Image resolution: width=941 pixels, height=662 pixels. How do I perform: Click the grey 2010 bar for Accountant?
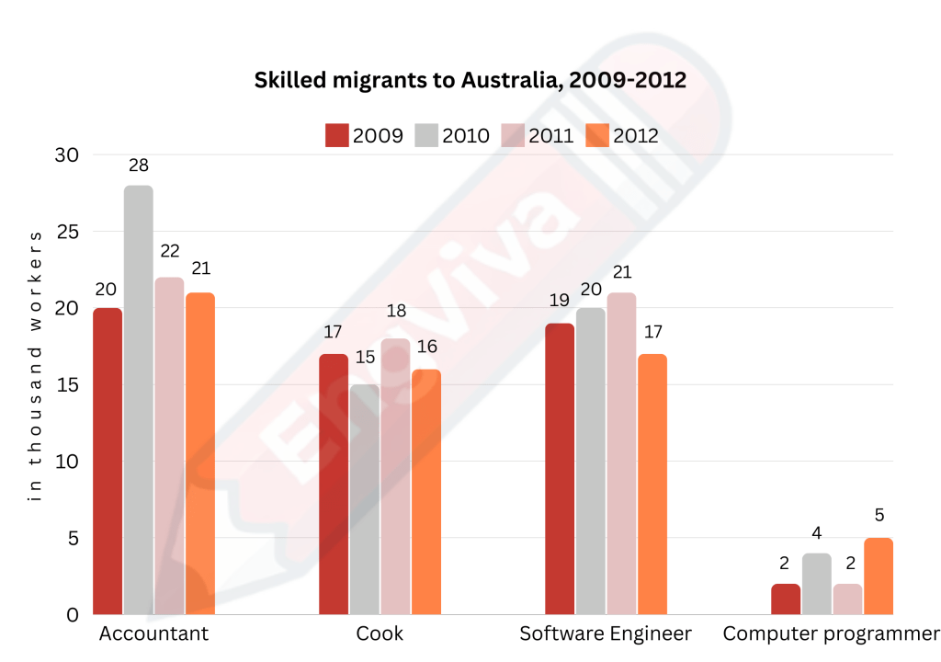pos(139,400)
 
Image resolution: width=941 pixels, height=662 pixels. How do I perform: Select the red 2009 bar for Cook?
pos(334,484)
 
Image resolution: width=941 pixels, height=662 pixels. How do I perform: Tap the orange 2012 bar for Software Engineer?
pos(652,484)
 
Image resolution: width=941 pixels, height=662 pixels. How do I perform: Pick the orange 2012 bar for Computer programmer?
pos(878,576)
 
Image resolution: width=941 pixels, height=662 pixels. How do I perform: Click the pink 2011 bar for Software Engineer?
pos(621,453)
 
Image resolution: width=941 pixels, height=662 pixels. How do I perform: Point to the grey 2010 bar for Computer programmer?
pos(817,583)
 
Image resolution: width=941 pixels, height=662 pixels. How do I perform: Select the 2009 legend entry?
pos(365,135)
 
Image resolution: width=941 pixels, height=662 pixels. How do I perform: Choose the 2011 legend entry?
pos(538,135)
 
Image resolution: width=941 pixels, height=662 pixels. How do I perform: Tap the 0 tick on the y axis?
pos(73,614)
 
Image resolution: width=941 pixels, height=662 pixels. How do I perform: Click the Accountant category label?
pos(153,633)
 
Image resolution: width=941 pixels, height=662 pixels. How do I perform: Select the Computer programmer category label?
pos(831,633)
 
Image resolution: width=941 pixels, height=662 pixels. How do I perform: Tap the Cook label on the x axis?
pos(380,633)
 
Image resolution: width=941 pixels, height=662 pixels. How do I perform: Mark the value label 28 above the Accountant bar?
pos(139,165)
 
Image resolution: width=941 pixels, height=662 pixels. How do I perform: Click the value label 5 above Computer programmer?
pos(879,516)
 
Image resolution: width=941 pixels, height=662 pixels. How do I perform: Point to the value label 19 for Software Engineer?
pos(560,301)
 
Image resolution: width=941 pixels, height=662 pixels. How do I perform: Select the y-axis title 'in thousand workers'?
pos(36,366)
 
